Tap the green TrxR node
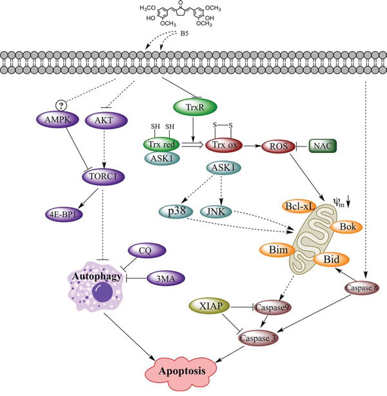(190, 104)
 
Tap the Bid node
(332, 260)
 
